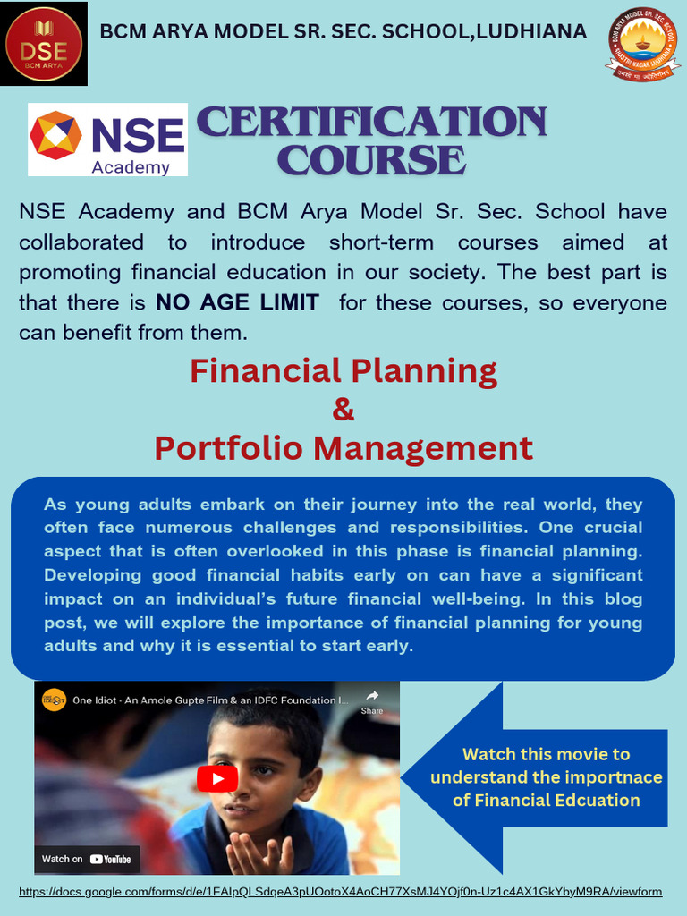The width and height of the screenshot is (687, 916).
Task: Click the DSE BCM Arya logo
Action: [x=44, y=43]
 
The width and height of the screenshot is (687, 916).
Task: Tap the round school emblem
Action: [x=642, y=44]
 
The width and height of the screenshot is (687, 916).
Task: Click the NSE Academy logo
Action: [x=107, y=140]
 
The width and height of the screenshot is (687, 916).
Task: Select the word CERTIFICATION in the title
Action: [x=370, y=123]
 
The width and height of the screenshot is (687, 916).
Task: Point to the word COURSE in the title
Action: [x=371, y=160]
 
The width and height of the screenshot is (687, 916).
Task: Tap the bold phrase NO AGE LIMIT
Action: [x=237, y=302]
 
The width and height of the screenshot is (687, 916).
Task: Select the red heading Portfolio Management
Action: [x=343, y=447]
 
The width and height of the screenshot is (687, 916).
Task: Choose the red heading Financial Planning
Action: [x=343, y=370]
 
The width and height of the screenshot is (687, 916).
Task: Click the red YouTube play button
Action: [x=217, y=778]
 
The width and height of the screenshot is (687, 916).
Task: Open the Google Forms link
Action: [x=340, y=892]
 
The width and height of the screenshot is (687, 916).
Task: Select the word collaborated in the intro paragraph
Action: [x=81, y=242]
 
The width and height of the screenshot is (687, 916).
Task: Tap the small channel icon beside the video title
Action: [x=54, y=700]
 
